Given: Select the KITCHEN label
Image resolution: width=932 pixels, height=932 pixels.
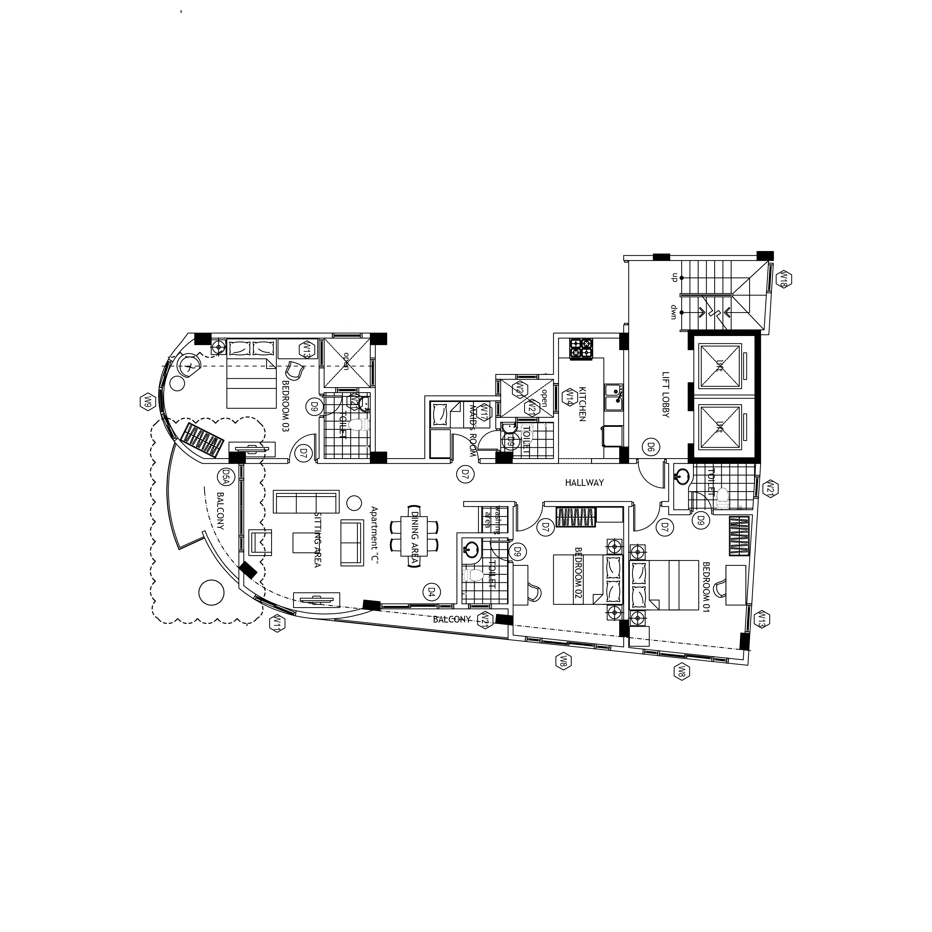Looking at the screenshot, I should click(x=582, y=404).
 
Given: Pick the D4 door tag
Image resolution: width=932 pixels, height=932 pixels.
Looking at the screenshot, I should click(x=431, y=592).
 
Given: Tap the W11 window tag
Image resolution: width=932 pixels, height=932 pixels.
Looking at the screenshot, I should click(x=277, y=624).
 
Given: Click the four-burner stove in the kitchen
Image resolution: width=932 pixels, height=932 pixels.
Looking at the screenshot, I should click(x=581, y=349).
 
